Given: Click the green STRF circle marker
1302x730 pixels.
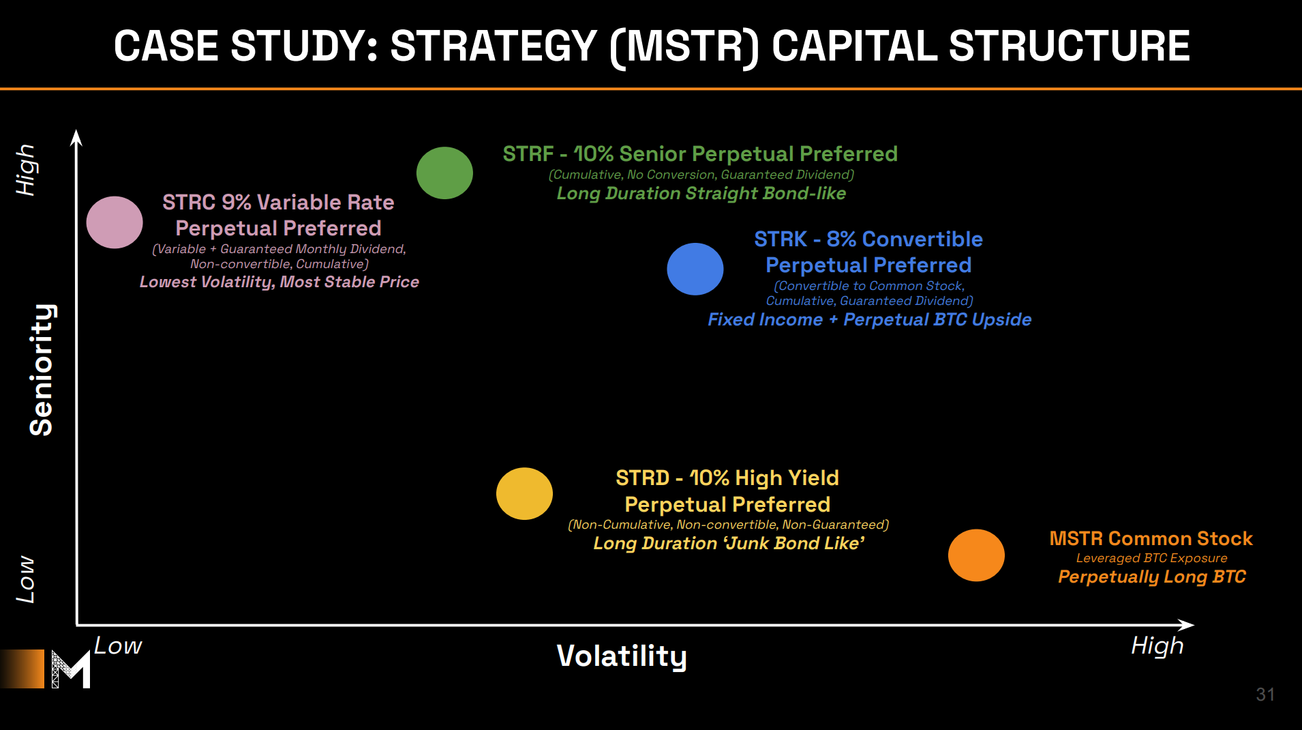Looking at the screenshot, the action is point(444,173).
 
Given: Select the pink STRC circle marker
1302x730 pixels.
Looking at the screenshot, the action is point(115,222).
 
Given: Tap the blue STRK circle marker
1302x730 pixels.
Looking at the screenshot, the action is point(695,269).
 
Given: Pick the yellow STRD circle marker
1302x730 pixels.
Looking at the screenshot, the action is point(524,493).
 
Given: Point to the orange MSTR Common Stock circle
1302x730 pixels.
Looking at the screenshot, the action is point(976,555).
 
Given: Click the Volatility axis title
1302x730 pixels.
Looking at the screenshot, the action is point(622,656).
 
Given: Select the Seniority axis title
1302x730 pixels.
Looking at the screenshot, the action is point(42,369).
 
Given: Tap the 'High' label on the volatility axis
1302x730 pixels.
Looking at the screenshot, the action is point(1157,646).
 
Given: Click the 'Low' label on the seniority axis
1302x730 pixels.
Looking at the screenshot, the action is point(25,579).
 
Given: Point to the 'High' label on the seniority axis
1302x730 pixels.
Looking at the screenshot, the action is point(26,170).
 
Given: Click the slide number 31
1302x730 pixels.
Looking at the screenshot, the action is point(1265,695).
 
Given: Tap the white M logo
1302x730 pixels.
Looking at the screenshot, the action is point(71,669).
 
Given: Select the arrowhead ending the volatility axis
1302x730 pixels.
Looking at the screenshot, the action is point(1186,625).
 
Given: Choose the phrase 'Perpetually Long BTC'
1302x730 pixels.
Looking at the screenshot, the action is point(1151,577).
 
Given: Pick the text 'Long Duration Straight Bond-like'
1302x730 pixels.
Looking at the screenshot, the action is point(701,194).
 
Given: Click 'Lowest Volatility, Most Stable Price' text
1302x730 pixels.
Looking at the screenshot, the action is point(279,282).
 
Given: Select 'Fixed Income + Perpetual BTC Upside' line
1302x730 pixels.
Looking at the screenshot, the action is point(869,320).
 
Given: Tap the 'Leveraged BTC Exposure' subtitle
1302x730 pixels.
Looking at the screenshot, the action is point(1151,558).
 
